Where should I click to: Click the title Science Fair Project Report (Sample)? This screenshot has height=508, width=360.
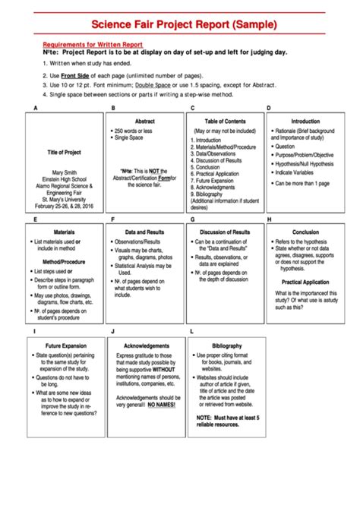181,24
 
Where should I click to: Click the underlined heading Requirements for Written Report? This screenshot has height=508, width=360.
92,45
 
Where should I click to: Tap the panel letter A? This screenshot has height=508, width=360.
35,109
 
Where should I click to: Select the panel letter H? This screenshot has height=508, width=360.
269,219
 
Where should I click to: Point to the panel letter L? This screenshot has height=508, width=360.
191,332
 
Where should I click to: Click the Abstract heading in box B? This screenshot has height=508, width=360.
144,121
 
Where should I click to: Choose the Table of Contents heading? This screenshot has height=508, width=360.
225,121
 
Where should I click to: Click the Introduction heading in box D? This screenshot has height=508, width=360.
305,121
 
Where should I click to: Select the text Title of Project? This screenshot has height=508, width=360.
64,153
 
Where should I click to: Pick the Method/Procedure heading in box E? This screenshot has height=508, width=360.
64,260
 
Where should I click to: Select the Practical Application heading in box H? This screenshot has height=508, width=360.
305,282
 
